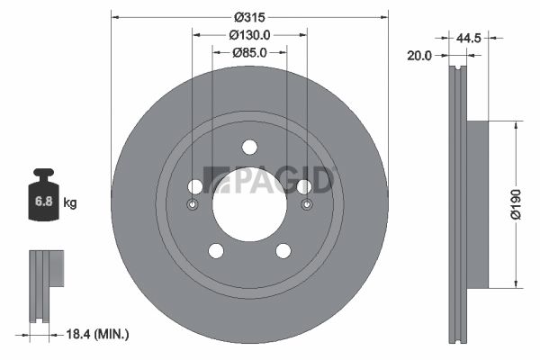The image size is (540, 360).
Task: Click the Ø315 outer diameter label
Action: [249, 17]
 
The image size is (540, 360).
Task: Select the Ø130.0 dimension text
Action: [249, 35]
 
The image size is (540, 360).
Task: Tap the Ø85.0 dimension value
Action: [249, 52]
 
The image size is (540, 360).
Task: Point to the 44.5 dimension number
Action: [468, 38]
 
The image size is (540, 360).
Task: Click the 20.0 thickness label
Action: [419, 55]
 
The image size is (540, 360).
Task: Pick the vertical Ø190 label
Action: [516, 204]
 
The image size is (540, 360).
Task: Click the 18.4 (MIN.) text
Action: [97, 334]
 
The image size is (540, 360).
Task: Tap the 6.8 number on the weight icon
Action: [44, 202]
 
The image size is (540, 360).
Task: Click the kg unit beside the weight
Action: [70, 202]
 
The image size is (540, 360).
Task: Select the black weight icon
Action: [43, 194]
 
